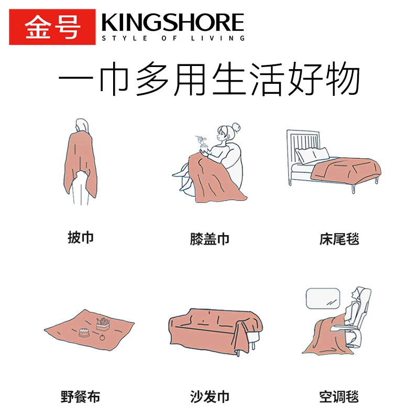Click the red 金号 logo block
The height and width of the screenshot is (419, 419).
coord(52,27)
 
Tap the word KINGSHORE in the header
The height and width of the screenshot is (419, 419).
coord(173,23)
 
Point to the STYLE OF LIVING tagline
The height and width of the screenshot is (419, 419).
coord(173,38)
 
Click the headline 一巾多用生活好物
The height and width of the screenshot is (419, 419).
coord(209,79)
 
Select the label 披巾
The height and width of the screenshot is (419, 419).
coord(81,237)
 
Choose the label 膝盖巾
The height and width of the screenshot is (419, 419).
coord(210,239)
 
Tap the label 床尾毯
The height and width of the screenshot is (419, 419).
coord(339,239)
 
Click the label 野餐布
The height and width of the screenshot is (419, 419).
coord(80,396)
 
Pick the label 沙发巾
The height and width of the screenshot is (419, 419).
coord(210,396)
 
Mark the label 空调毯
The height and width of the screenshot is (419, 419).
coord(339,396)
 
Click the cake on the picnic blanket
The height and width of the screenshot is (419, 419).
coord(84,333)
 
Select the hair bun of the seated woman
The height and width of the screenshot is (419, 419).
coord(236,127)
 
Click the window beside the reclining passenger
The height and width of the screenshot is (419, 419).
coord(323,299)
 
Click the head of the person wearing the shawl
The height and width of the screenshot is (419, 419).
coord(82,126)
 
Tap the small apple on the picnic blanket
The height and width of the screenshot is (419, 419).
coord(102,337)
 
